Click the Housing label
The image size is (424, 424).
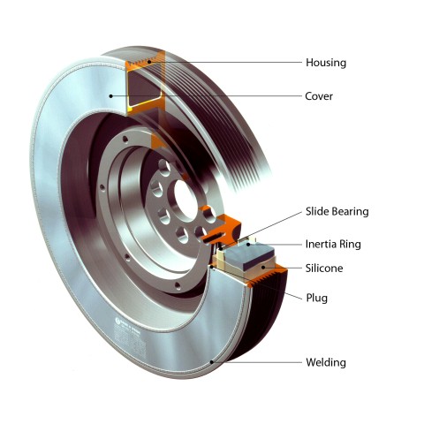[x=326, y=63]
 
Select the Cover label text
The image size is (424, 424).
[x=319, y=96]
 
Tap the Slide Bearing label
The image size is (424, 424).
[x=337, y=211]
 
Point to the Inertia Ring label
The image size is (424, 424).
[x=333, y=244]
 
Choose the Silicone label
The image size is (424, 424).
[x=324, y=269]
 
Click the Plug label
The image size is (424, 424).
[x=317, y=298]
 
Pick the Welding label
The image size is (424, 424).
[x=326, y=362]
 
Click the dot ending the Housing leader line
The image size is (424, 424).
[x=149, y=62]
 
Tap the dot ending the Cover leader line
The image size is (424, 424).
[x=110, y=96]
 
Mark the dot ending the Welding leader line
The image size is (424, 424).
[x=211, y=362]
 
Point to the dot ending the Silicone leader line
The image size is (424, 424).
[x=264, y=268]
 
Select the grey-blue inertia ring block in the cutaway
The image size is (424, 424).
[x=254, y=255]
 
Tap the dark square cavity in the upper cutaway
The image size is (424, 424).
[x=144, y=88]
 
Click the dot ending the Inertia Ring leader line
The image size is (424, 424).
[x=248, y=244]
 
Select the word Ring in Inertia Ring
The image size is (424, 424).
[x=350, y=245]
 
